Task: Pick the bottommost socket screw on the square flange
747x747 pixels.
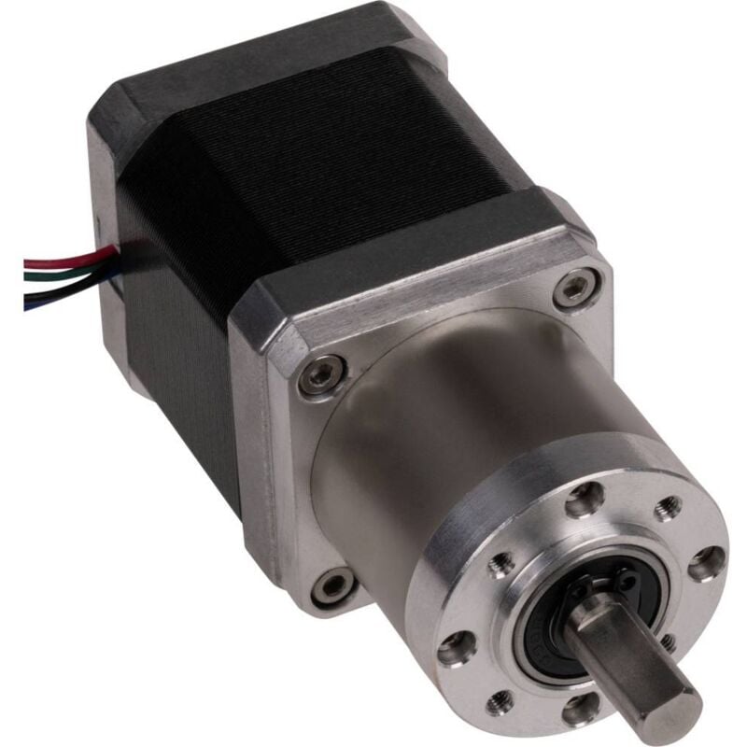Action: click(x=330, y=586)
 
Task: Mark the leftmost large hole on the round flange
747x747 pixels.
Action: click(x=454, y=644)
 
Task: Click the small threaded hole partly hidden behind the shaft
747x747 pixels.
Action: click(x=669, y=641)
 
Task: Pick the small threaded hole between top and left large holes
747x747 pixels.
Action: click(x=503, y=562)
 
